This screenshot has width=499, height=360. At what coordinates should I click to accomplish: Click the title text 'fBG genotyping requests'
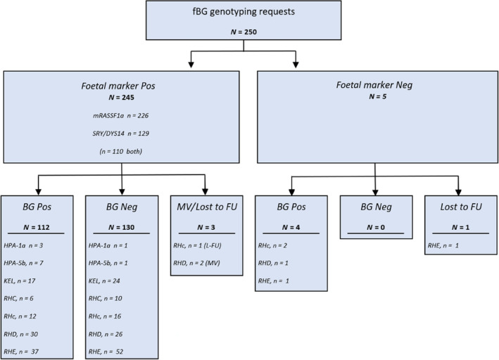[244, 12]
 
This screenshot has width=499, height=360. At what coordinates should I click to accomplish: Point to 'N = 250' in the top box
[244, 32]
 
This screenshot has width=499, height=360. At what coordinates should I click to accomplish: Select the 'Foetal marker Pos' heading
[118, 86]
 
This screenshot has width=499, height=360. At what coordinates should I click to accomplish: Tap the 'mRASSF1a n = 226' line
[120, 115]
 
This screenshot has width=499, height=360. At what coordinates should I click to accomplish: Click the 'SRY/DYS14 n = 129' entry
[120, 134]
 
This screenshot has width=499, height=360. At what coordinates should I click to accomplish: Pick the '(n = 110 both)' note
[120, 151]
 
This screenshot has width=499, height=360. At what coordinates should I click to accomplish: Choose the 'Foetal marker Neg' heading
[374, 85]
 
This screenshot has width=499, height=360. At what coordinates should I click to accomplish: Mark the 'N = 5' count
[377, 96]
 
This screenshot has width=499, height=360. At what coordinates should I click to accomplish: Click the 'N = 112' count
[37, 227]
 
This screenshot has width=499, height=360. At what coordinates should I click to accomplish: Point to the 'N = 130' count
[121, 227]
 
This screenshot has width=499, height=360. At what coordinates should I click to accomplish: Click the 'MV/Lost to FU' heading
[207, 207]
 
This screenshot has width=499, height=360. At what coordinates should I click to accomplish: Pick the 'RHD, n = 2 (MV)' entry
[196, 263]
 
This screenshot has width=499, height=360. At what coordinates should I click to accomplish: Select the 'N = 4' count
[291, 227]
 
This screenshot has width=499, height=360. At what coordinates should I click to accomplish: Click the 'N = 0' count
[376, 227]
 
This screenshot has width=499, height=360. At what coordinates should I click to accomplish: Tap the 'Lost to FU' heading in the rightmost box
[461, 207]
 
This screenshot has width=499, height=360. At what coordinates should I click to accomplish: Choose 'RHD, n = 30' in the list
[20, 334]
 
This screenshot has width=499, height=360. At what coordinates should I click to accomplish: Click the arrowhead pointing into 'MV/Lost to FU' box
[206, 192]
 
